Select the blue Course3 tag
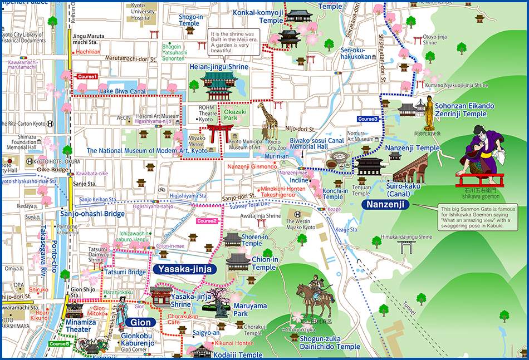[x=368, y=119]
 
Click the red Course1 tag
[x=87, y=76]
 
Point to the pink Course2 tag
[x=207, y=221]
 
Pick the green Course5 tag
[x=59, y=344]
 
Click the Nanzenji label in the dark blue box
[x=385, y=205]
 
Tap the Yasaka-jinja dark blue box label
[x=177, y=269]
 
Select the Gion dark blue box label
[x=136, y=322]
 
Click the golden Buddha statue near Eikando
[x=429, y=114]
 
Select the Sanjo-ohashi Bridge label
[x=92, y=214]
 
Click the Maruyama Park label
[x=248, y=309]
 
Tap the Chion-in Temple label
[x=263, y=263]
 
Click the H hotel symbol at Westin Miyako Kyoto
[x=298, y=214]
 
